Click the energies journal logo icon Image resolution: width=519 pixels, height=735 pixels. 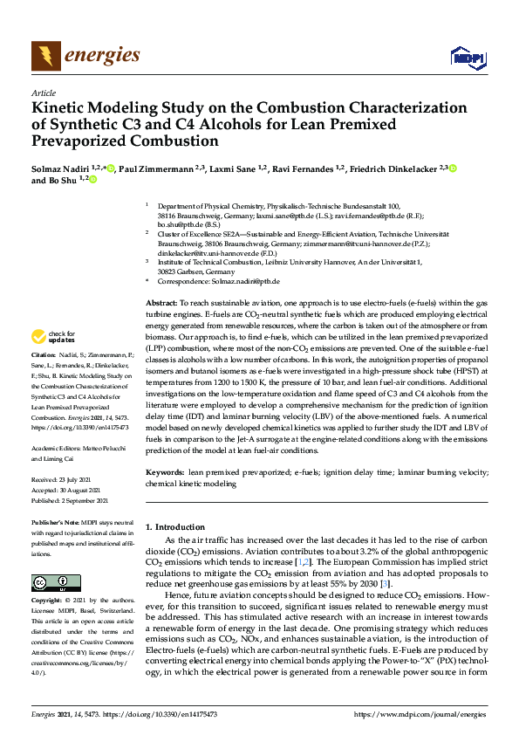[46, 56]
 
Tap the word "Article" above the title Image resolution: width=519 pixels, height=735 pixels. [43, 93]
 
